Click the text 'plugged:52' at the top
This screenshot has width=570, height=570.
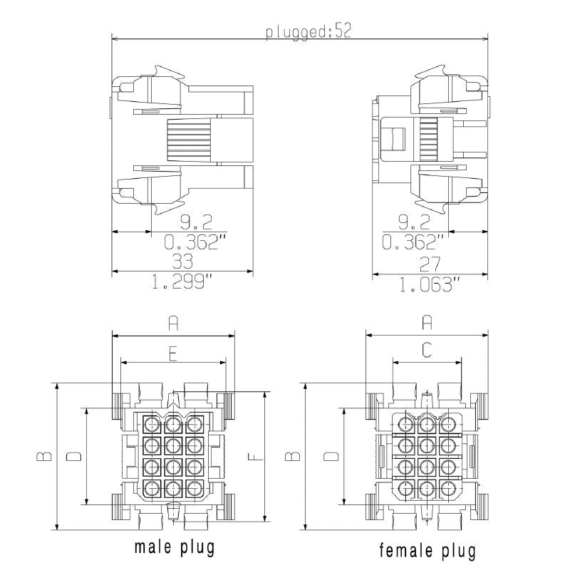point(309,33)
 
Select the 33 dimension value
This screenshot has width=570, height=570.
point(182,262)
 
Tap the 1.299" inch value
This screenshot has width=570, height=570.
point(182,283)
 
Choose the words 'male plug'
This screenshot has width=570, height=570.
point(175,548)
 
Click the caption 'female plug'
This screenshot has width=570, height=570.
point(427,550)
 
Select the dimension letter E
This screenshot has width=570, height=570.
point(172,354)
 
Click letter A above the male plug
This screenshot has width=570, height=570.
point(173,324)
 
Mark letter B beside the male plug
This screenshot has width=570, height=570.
point(43,456)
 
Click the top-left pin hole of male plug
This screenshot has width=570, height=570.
point(152,425)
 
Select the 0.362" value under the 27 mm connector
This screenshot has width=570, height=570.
point(413,242)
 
